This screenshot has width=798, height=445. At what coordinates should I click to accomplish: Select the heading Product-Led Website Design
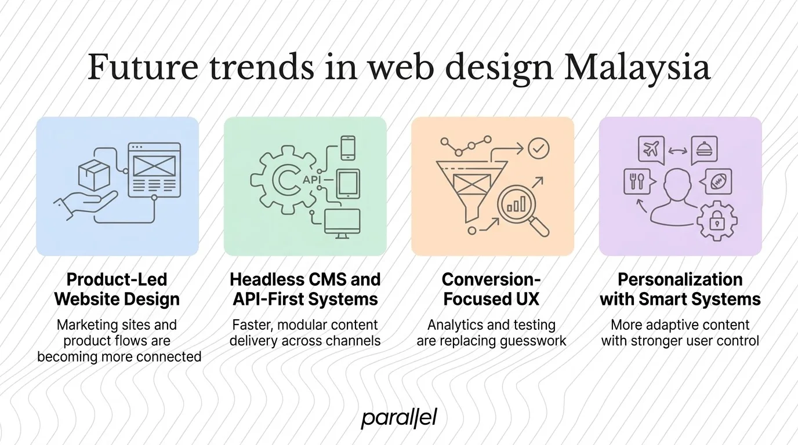[117, 289]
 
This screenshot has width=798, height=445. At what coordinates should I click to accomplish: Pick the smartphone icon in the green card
[347, 147]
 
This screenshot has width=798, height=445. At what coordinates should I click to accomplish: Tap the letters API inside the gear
[311, 180]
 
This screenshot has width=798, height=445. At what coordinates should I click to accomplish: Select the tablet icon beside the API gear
[348, 184]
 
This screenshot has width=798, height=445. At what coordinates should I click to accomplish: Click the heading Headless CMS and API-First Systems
[305, 289]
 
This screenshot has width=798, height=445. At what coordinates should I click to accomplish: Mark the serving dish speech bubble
[704, 150]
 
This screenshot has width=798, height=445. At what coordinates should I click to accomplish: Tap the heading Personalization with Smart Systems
[680, 289]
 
